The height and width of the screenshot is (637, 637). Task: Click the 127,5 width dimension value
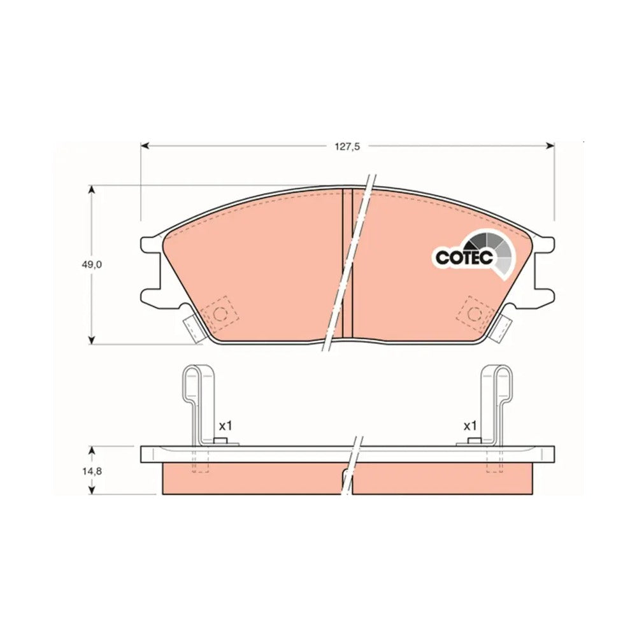coord(347,147)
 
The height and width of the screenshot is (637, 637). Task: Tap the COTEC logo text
coord(464,257)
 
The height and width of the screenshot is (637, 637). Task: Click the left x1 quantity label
coord(225,426)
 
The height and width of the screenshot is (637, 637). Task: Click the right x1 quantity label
coord(469,426)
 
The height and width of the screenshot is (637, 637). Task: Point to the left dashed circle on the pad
coord(220,313)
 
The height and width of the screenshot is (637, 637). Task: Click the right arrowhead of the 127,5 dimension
coord(550,145)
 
